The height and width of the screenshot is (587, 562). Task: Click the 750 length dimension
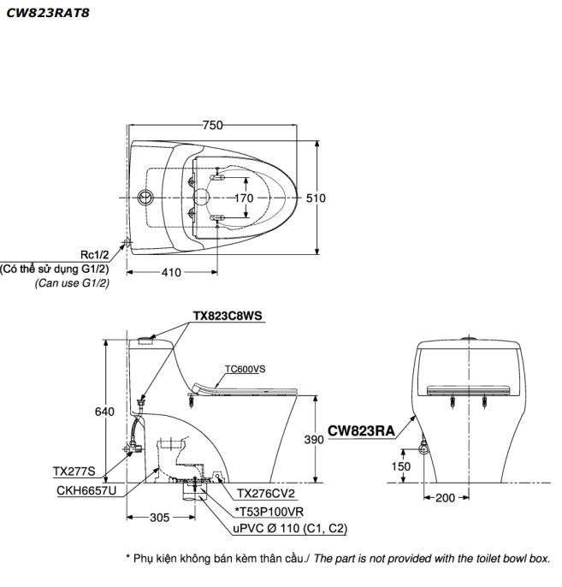tap(212, 126)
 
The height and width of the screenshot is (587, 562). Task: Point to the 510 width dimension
tap(316, 198)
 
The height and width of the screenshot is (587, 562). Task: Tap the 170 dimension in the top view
tap(244, 199)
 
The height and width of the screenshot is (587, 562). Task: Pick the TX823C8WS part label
tap(227, 315)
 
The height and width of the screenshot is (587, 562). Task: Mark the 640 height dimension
tap(104, 412)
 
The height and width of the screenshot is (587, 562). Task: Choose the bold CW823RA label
tap(360, 431)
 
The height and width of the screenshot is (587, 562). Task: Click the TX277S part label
tap(73, 471)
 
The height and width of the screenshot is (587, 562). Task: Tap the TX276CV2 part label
tap(269, 493)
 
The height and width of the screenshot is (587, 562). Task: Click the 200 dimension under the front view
tap(447, 497)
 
